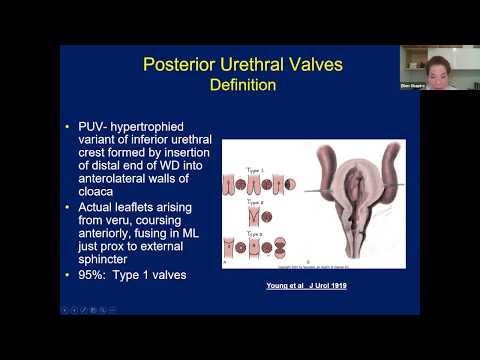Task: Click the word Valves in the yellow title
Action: point(312,65)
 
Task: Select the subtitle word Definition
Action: point(243,85)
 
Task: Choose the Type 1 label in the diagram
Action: point(238,145)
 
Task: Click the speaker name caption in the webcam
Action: point(413,85)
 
